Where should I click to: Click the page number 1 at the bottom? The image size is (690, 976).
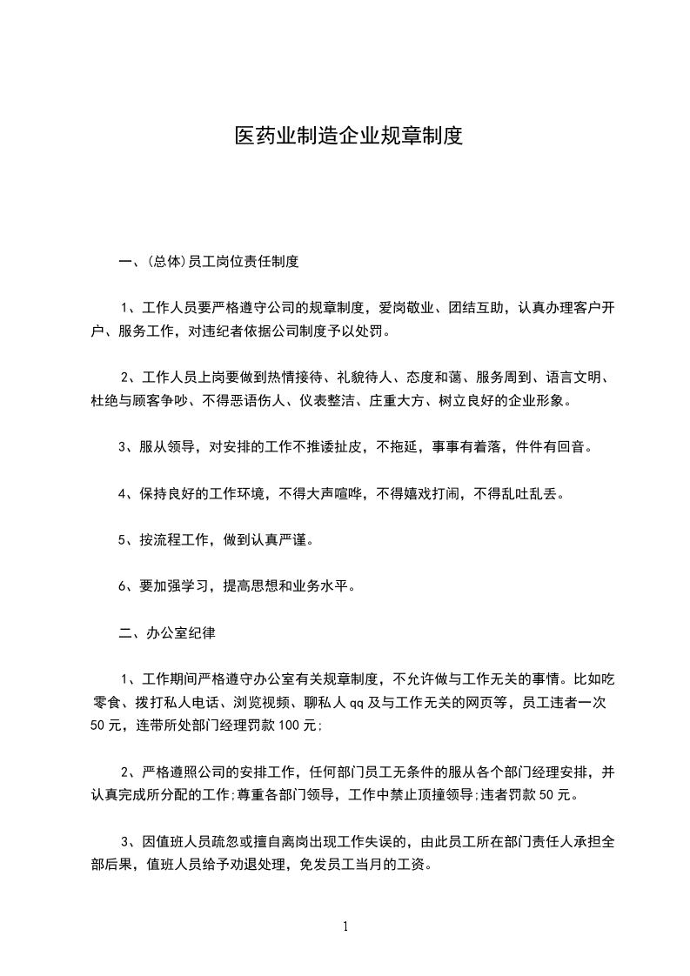(345, 926)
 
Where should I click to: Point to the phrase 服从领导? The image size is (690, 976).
(166, 447)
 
